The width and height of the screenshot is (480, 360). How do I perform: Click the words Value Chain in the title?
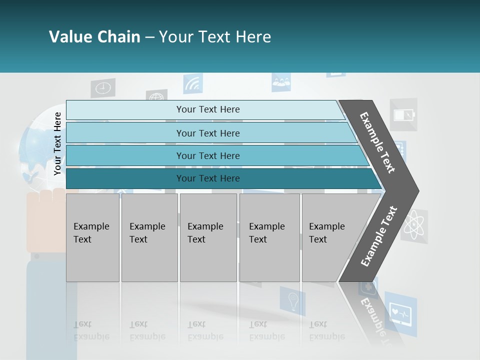[94, 37]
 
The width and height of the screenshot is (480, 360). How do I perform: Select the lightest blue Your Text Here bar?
[207, 109]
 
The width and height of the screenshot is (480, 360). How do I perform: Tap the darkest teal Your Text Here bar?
[207, 178]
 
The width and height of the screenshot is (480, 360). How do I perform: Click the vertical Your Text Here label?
[57, 143]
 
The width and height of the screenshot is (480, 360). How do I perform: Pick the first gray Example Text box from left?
[92, 237]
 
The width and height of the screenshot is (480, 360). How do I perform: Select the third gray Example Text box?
[208, 237]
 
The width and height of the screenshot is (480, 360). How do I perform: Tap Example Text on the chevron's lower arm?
[379, 236]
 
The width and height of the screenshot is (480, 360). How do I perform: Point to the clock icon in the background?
[103, 88]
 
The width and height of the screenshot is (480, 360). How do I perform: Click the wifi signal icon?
[192, 84]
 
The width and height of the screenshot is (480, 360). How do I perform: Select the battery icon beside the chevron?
[403, 115]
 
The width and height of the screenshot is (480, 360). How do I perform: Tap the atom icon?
[414, 226]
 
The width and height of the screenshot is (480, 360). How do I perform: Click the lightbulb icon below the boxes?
[292, 301]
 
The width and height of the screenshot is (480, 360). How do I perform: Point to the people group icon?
[281, 82]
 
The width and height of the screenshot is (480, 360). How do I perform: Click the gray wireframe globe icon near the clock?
[156, 96]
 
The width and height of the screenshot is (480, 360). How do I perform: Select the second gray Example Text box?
[149, 237]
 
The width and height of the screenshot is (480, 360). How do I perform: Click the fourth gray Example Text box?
[269, 237]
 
